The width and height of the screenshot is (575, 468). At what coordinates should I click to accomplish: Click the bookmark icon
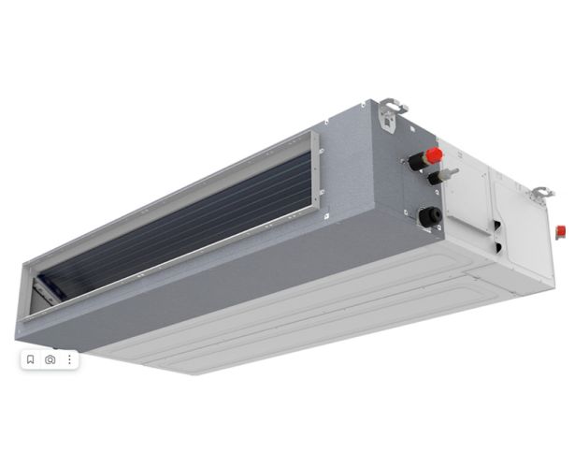pos(30,358)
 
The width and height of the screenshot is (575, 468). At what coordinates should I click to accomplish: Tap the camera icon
pos(50,358)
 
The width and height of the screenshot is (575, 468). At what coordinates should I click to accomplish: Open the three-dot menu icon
pos(68,358)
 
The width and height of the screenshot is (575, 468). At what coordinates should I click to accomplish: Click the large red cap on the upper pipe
pos(434,155)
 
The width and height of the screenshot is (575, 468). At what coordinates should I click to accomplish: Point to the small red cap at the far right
pos(561,230)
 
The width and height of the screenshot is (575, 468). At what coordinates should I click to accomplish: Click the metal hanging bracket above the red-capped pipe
pos(391,114)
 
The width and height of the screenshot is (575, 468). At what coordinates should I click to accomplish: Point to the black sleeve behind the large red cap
pos(416,162)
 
